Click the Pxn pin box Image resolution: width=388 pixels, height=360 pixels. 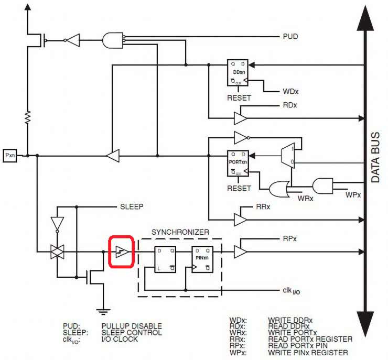(10, 156)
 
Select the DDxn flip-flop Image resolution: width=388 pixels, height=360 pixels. (238, 73)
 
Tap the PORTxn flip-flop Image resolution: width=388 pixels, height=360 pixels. (238, 163)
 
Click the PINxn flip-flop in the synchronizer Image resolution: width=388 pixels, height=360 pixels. (202, 259)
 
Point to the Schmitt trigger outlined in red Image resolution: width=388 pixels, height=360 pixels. (121, 252)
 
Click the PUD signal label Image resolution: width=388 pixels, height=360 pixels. (290, 37)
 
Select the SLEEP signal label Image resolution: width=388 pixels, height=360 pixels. (132, 206)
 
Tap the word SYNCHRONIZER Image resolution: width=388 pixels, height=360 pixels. (180, 232)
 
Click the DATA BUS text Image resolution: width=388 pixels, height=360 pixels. (375, 157)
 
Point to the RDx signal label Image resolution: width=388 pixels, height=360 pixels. (289, 105)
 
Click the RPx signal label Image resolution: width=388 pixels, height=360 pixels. (289, 239)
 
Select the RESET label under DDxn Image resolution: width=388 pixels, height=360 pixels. (239, 97)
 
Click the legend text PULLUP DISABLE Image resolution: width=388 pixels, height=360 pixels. (132, 326)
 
